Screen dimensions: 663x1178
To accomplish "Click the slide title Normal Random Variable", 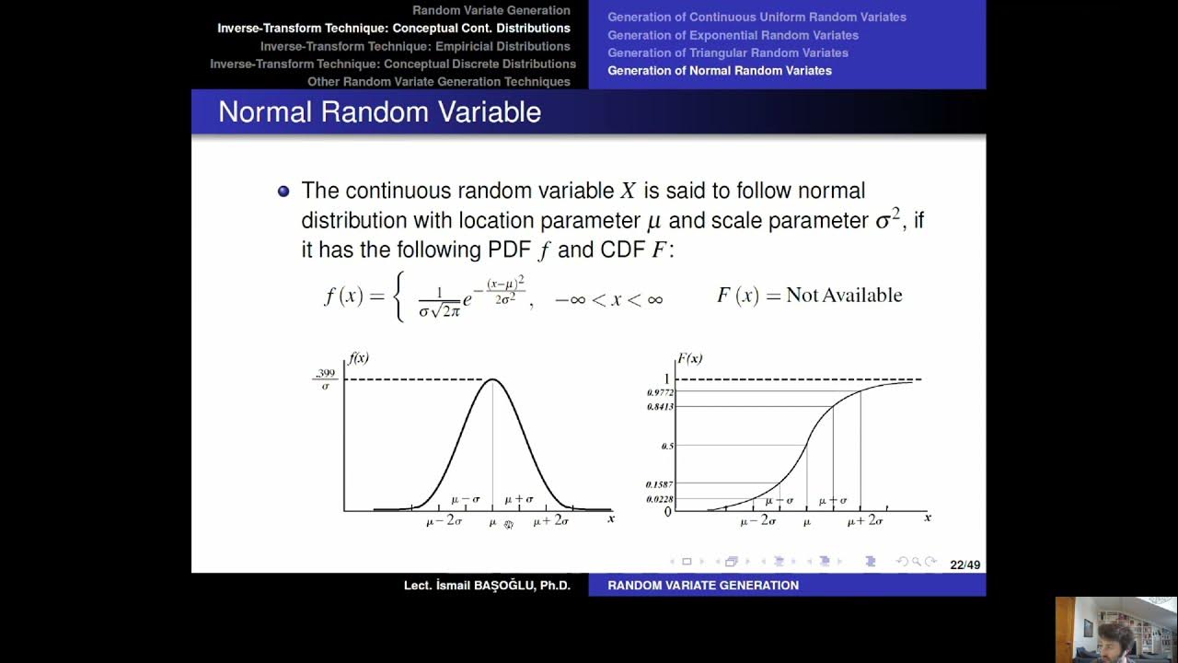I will pos(379,112).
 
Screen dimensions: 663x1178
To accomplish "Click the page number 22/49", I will pos(964,564).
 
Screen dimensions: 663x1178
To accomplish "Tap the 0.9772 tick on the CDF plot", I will pos(661,392).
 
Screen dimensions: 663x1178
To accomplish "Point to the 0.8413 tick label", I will pos(661,406).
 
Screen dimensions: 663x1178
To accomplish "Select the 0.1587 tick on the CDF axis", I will pos(659,484).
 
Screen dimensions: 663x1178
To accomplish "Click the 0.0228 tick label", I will pos(659,499).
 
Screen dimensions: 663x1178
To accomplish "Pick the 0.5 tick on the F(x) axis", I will pos(667,446).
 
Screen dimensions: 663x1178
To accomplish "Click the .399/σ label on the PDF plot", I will pos(325,379).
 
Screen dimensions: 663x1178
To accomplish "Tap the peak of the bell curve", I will pos(492,379).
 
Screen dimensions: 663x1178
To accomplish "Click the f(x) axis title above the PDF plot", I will pos(358,358).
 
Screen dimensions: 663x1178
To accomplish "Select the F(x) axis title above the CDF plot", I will pos(690,358).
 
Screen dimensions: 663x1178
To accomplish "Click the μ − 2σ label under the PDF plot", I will pos(444,521).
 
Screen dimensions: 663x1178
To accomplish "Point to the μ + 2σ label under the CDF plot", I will pos(864,521).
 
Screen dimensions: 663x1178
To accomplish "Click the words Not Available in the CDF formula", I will pos(844,296).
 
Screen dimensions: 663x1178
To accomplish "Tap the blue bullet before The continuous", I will pos(283,192).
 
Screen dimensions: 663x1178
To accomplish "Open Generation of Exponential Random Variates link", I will pos(733,35).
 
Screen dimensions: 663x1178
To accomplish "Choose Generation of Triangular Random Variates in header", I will pos(727,52).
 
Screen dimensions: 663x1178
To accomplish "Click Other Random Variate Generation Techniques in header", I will pos(438,82).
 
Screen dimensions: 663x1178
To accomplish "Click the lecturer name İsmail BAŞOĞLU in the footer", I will pos(487,586).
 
